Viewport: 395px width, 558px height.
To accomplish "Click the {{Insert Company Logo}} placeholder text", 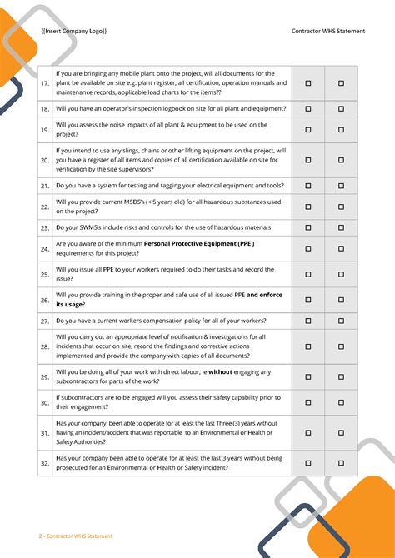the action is [73, 31].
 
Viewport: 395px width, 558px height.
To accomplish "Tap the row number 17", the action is [45, 83].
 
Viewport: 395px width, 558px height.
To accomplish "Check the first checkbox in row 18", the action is [307, 109].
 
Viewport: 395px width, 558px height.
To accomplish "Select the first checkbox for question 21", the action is [307, 186].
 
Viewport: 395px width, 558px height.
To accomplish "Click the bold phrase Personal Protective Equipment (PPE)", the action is [198, 243].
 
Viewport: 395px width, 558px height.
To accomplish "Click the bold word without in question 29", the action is [220, 372].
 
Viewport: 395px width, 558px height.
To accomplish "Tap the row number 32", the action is [45, 463].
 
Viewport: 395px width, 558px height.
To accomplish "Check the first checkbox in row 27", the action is [307, 321].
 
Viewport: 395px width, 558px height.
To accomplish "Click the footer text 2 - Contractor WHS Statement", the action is [76, 536].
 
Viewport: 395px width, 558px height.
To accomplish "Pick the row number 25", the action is [45, 274].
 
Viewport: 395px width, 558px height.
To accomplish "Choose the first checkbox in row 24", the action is [307, 248].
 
